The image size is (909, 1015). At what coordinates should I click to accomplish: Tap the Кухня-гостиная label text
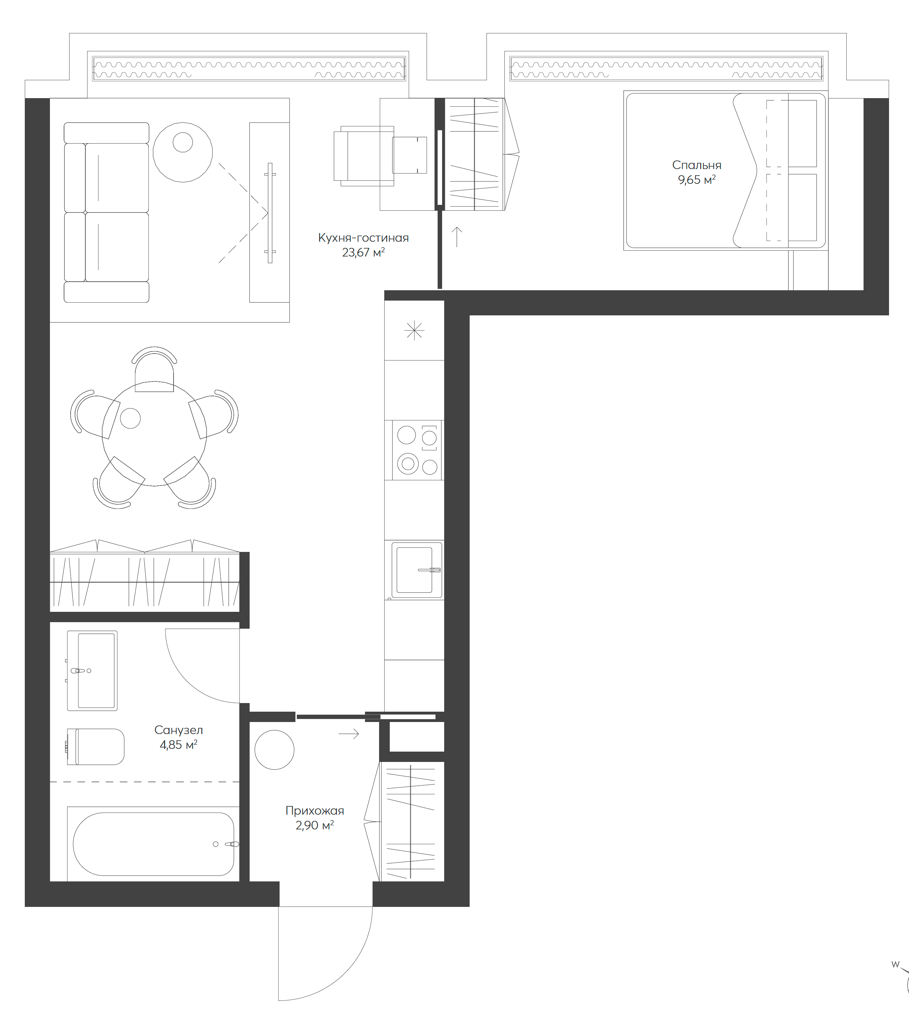click(363, 238)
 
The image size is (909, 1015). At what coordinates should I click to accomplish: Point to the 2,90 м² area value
click(314, 825)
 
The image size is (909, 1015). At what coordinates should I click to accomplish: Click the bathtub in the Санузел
click(153, 844)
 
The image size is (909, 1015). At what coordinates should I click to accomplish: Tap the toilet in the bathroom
click(97, 747)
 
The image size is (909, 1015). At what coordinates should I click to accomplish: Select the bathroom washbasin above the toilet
click(92, 670)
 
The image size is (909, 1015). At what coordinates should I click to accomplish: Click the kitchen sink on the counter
click(415, 570)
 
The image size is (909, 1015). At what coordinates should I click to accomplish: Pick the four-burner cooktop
click(417, 450)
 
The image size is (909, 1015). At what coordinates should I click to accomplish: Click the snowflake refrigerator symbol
click(414, 331)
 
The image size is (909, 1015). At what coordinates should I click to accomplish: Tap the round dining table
click(154, 433)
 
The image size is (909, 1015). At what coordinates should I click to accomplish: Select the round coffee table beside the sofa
click(183, 152)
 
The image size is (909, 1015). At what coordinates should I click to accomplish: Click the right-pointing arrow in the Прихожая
click(348, 734)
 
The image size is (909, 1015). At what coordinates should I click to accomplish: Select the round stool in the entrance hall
click(274, 750)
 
